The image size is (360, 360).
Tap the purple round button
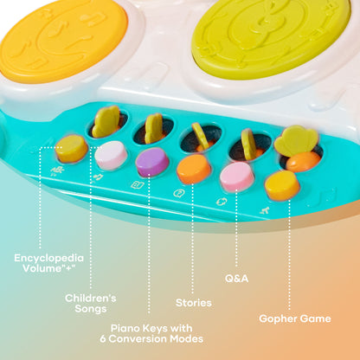tap(152, 162)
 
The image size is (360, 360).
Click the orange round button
tap(194, 169)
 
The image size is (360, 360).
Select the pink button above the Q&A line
tap(237, 177)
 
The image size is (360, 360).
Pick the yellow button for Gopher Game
tap(282, 185)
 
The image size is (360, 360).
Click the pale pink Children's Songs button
tap(111, 155)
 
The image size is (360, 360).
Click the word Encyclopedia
tap(49, 258)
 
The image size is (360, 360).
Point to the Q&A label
tap(236, 279)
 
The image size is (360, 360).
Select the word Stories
tap(194, 303)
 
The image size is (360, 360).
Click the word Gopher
tap(277, 319)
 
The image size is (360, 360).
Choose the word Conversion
tap(138, 338)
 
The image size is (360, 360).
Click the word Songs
tap(91, 309)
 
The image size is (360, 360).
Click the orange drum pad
tap(63, 40)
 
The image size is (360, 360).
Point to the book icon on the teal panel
tap(138, 185)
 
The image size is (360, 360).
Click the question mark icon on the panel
tap(178, 193)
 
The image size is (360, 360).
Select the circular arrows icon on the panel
tap(222, 201)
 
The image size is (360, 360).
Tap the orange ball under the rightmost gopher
tap(303, 161)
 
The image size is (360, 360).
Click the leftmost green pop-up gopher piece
tap(106, 121)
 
